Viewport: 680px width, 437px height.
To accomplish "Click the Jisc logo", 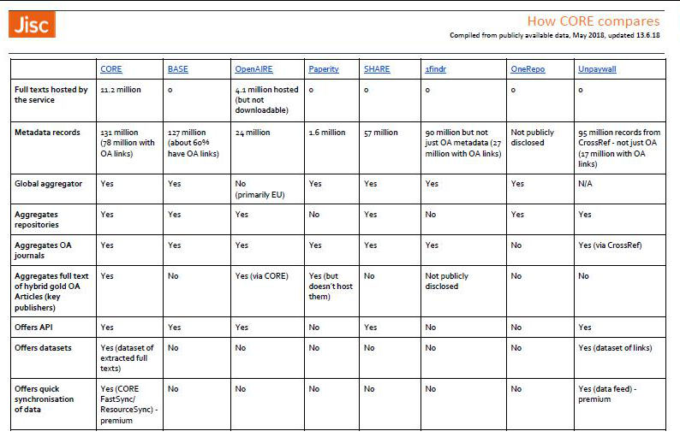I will [33, 25].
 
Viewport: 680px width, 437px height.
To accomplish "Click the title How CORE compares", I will [593, 21].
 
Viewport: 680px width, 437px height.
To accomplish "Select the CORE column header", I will [111, 69].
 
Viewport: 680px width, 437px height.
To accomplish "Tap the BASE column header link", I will [177, 69].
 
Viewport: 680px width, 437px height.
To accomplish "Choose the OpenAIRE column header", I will [254, 69].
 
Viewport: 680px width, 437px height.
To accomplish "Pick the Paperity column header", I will [323, 69].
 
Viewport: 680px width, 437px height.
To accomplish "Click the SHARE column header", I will [378, 69].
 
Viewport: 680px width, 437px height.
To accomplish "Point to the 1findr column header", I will [435, 69].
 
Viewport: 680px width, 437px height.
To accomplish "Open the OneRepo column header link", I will [528, 69].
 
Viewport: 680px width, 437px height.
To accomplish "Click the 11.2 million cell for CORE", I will [121, 90].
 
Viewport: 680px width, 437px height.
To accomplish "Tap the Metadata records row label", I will [47, 133].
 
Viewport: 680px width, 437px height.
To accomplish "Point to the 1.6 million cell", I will [326, 133].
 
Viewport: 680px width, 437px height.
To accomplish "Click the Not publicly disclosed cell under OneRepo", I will [532, 138].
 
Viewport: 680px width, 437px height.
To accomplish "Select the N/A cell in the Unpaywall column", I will [585, 184].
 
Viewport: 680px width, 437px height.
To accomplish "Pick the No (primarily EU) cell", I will [259, 189].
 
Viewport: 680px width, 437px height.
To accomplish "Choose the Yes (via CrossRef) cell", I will [610, 245].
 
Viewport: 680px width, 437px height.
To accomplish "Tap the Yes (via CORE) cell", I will [262, 276].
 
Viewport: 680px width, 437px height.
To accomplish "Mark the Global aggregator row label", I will [49, 184].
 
